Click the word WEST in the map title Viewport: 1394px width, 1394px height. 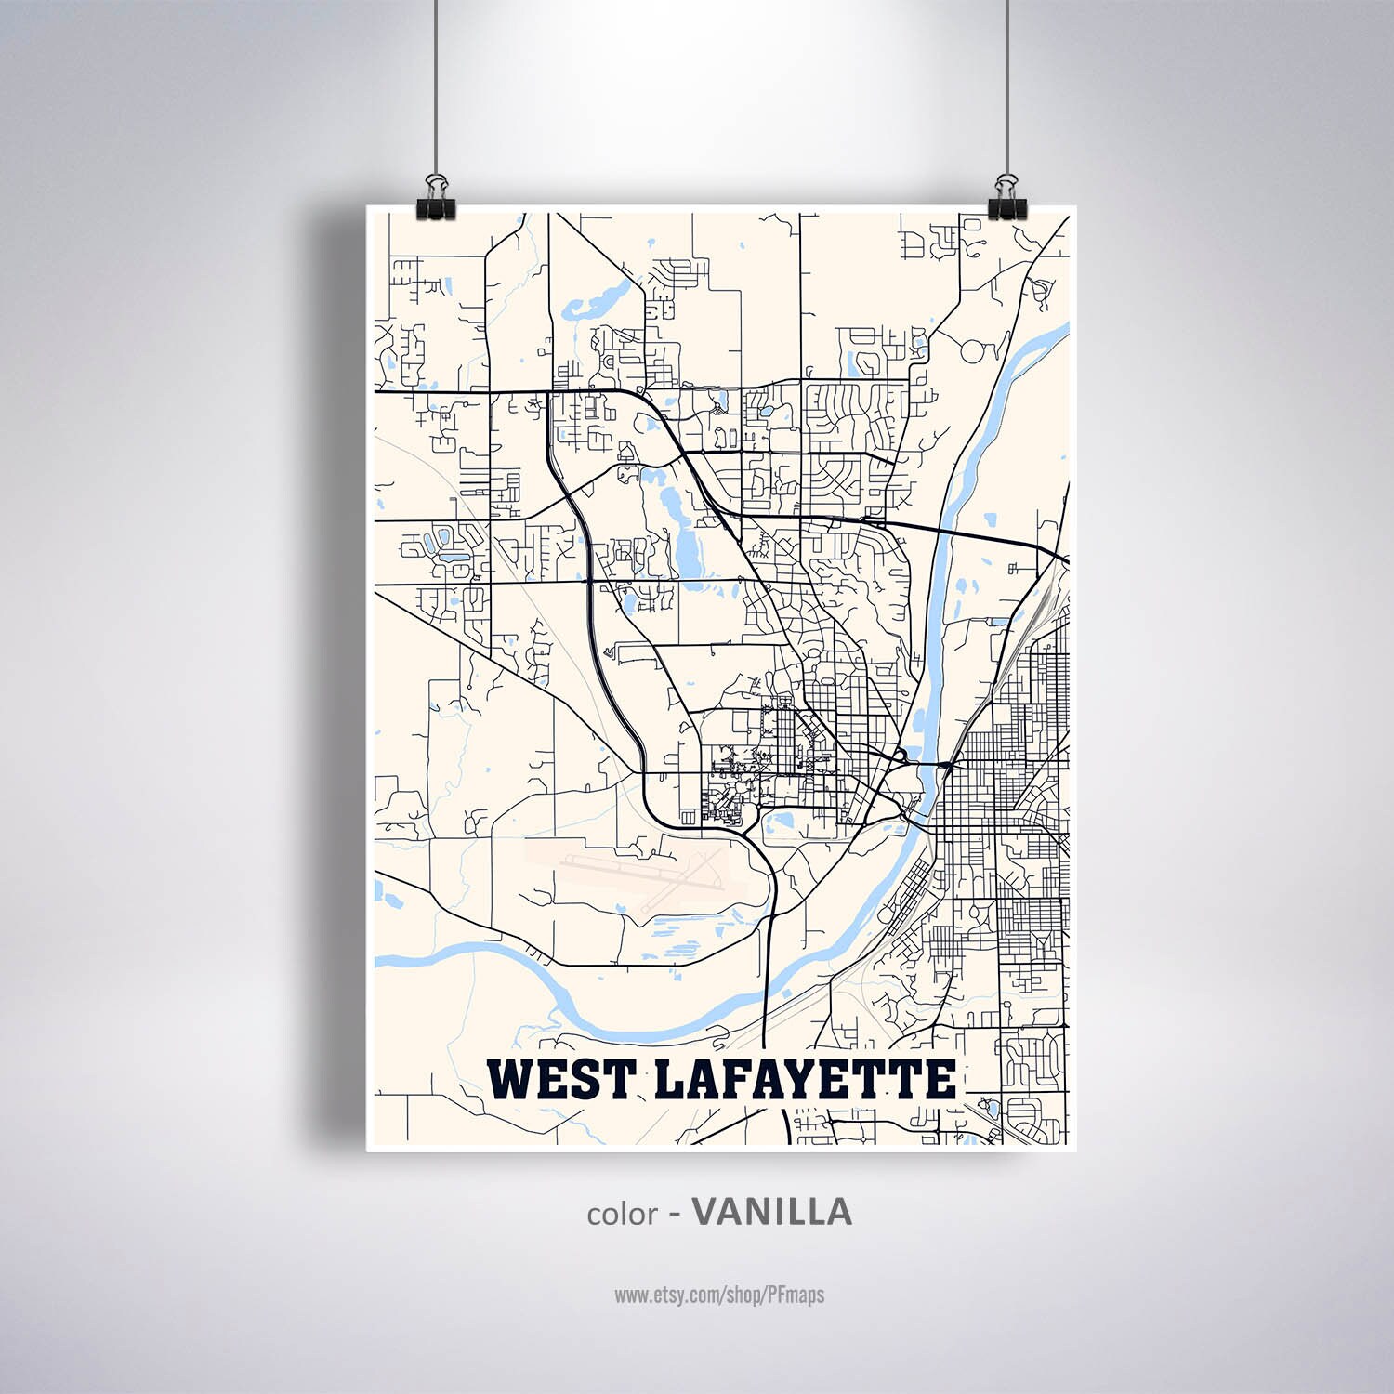point(562,1079)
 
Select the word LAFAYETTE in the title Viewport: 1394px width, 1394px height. point(805,1079)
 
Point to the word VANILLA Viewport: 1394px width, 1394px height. point(772,1211)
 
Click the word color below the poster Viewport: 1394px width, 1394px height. point(622,1214)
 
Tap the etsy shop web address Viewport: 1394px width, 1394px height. point(718,1294)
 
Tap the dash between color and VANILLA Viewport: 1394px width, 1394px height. point(677,1214)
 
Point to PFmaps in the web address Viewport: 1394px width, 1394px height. point(795,1294)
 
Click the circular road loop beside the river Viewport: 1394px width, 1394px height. point(973,351)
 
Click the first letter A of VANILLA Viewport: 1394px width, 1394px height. point(734,1211)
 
